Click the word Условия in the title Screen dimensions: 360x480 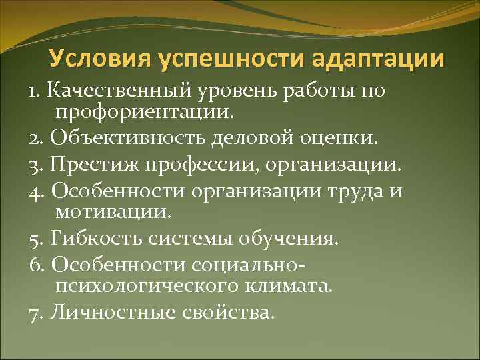click(x=99, y=58)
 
